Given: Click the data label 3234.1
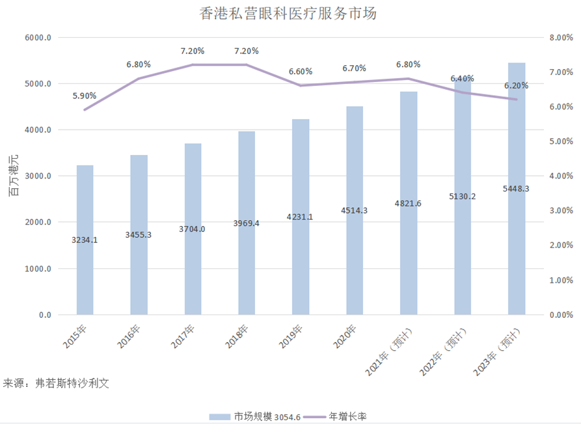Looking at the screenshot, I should [x=85, y=240].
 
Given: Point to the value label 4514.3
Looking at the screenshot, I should [x=354, y=210].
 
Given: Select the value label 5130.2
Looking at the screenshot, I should [x=462, y=196].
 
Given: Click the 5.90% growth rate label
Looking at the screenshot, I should [x=85, y=96].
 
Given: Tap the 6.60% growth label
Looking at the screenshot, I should [x=300, y=72].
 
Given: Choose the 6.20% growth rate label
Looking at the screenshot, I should [x=516, y=85].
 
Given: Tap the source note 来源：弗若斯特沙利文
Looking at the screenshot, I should [x=56, y=383].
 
